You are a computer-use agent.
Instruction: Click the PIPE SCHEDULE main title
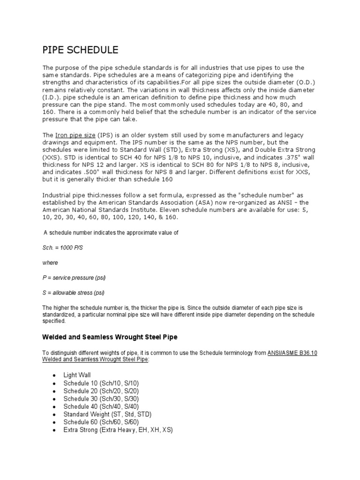point(80,50)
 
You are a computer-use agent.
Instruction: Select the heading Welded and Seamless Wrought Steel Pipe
point(110,337)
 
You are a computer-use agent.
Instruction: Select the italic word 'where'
point(50,263)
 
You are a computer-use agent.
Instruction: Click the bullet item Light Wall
point(77,375)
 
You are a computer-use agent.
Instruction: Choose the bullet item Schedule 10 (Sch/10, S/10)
point(101,383)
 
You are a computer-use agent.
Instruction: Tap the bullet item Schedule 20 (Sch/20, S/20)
point(101,391)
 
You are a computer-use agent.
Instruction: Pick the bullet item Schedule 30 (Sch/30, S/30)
point(101,398)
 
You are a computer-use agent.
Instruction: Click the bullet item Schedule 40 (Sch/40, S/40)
point(101,406)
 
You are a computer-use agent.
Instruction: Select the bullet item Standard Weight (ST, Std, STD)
point(107,414)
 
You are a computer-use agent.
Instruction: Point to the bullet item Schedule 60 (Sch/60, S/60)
point(101,421)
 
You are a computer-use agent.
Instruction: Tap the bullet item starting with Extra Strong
point(118,429)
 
